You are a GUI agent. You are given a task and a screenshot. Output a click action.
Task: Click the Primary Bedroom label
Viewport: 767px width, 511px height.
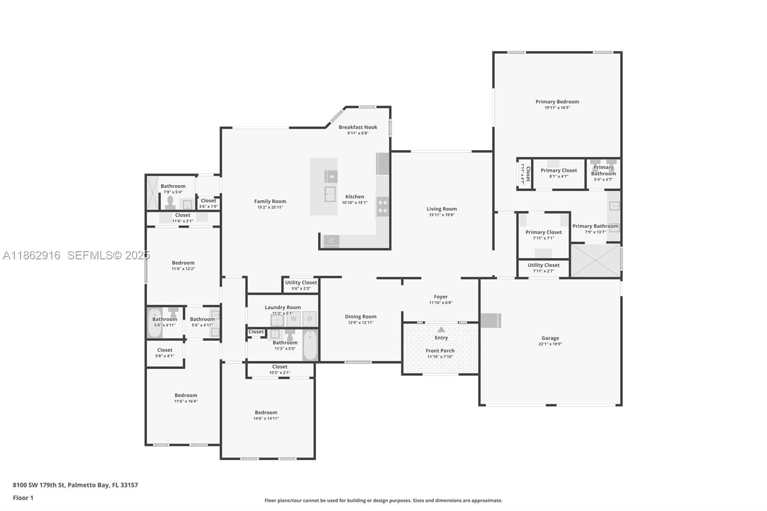[557, 102]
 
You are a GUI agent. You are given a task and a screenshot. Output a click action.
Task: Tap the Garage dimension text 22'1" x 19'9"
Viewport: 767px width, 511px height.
[550, 344]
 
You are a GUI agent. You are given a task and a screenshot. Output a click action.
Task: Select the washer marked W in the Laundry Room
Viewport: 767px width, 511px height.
[293, 319]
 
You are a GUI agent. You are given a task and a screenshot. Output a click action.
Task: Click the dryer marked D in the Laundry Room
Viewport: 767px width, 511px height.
[310, 319]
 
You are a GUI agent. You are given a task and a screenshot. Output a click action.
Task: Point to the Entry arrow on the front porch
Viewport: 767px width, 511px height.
[441, 330]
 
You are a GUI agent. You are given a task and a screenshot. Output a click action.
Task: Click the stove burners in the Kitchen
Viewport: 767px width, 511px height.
[383, 207]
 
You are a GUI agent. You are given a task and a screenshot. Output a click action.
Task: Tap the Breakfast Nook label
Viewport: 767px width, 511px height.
[358, 127]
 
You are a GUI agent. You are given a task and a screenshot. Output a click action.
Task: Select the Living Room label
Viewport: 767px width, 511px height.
[442, 209]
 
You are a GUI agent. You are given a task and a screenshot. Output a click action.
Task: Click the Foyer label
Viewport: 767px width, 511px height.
[441, 297]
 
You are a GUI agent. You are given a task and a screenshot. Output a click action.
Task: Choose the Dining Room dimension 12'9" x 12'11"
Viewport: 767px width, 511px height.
[360, 323]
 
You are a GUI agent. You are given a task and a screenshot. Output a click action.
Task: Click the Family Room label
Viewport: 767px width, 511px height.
[270, 201]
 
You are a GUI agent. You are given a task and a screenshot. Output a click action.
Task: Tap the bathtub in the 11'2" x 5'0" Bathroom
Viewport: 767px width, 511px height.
[310, 345]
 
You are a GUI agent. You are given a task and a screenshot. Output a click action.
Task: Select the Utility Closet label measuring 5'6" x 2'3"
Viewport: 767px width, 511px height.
[301, 283]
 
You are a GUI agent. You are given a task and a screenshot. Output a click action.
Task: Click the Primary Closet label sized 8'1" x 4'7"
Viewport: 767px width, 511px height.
[558, 170]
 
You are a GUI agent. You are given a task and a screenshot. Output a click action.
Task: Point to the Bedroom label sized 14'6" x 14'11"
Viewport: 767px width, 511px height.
[266, 412]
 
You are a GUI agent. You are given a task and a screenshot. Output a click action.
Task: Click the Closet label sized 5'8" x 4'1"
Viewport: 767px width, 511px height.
[164, 350]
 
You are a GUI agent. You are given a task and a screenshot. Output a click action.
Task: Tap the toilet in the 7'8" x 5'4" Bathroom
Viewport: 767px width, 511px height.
[170, 202]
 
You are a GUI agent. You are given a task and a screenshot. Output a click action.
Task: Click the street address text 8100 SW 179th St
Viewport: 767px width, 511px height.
[39, 485]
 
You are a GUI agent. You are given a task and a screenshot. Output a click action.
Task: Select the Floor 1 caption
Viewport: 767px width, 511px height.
[23, 498]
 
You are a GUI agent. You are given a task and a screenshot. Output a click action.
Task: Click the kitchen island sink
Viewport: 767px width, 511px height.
[330, 194]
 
